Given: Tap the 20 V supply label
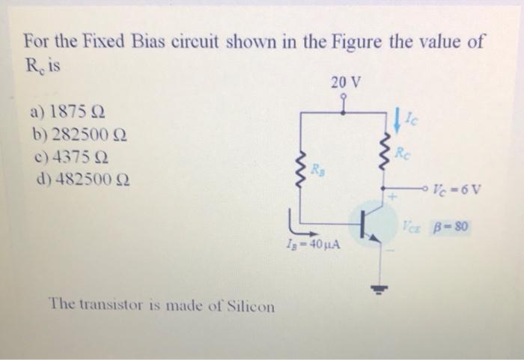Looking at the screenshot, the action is pyautogui.click(x=344, y=82).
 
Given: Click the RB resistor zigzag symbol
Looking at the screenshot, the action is pyautogui.click(x=302, y=172).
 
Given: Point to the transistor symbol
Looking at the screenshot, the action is pyautogui.click(x=368, y=222).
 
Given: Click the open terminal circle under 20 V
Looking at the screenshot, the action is pyautogui.click(x=343, y=97).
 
